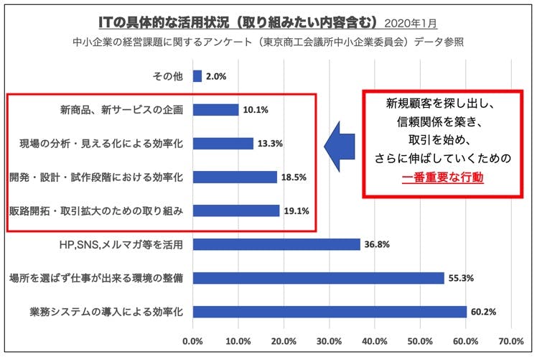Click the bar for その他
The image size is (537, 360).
[197, 76]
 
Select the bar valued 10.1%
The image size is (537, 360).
[215, 110]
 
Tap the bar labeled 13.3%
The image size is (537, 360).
[223, 144]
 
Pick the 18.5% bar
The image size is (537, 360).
[235, 177]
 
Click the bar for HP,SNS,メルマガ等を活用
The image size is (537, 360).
[276, 244]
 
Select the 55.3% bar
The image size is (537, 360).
[318, 278]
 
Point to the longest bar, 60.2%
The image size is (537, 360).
[330, 311]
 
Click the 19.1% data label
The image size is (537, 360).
[295, 211]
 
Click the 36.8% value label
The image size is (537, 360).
[375, 244]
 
